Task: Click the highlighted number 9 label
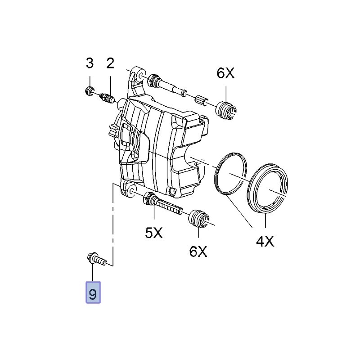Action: click(93, 294)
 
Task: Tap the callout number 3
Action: click(90, 63)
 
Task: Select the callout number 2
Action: click(110, 63)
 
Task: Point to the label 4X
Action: click(265, 242)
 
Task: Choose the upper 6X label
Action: click(225, 73)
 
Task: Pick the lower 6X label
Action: click(198, 251)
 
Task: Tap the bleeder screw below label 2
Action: click(107, 98)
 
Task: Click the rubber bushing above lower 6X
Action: click(198, 218)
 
